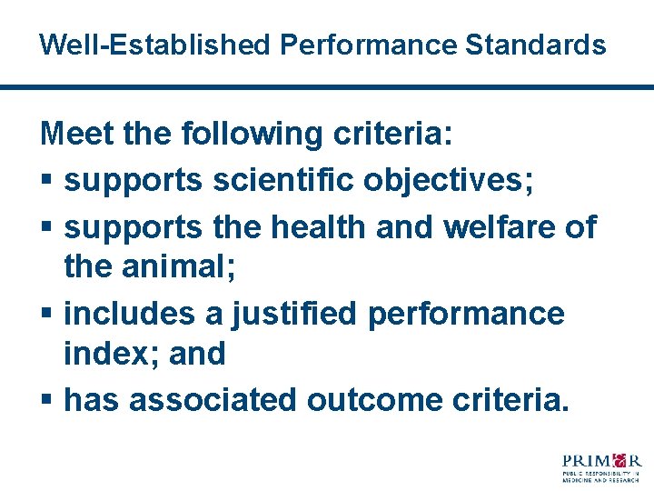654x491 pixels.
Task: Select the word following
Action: coord(251,135)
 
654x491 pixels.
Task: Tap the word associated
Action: coord(213,399)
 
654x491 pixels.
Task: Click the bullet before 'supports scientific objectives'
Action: coord(47,181)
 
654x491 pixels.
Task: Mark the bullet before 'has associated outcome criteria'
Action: coord(47,400)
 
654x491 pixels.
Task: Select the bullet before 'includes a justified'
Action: coord(47,314)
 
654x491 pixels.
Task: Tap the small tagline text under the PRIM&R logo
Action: coord(600,476)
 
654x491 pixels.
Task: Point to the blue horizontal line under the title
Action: coord(327,87)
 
